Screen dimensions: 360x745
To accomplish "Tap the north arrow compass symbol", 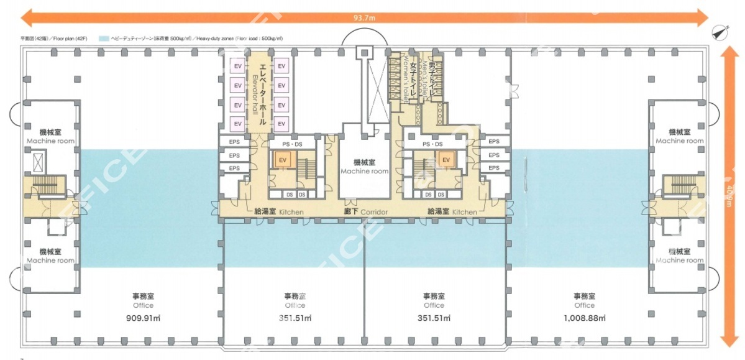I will [720, 31].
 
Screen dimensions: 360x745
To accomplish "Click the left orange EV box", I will [282, 160].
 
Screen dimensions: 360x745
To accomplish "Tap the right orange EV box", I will [446, 160].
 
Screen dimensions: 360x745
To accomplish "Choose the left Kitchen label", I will [279, 212].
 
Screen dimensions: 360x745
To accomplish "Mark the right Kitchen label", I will [452, 212].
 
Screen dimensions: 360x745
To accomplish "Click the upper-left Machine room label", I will [50, 137].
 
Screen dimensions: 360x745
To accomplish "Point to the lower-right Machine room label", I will [680, 256].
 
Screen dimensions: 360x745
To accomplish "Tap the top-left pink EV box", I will [237, 66].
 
